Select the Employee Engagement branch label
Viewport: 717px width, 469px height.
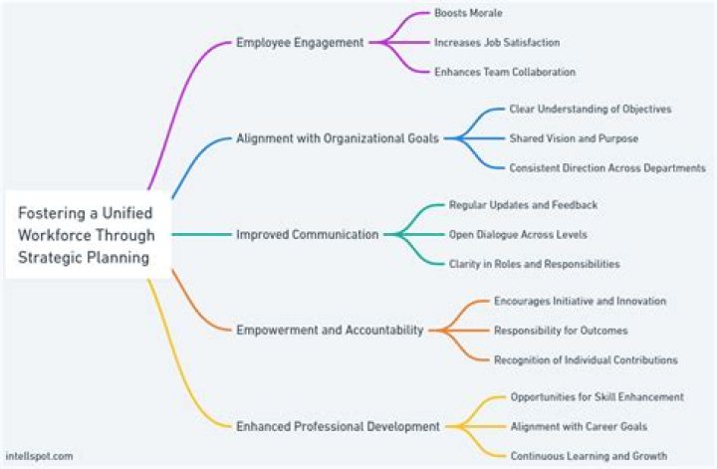tap(300, 43)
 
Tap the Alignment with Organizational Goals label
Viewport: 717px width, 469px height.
tap(337, 138)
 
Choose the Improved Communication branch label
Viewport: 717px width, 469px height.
tap(307, 235)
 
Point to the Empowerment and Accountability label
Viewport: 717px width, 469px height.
tap(329, 330)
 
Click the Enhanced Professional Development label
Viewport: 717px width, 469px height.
tap(338, 426)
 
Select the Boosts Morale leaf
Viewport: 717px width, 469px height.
tap(468, 14)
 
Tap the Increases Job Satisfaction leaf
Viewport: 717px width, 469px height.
tap(496, 43)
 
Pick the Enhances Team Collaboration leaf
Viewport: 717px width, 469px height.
tap(504, 72)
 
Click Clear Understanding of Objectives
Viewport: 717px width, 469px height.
tap(590, 109)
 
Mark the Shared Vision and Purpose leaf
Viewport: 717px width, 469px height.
tap(574, 138)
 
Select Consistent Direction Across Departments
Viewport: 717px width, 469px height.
tap(606, 168)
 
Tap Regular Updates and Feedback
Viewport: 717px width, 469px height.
tap(523, 205)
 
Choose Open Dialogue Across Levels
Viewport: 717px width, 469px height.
tap(517, 235)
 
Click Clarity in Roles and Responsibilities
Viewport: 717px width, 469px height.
tap(534, 264)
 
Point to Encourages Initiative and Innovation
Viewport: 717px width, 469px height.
tap(580, 301)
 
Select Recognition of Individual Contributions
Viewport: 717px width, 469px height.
tap(586, 359)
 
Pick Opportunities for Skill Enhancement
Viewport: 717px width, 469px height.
tap(597, 396)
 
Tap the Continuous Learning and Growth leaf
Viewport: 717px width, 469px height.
tap(589, 455)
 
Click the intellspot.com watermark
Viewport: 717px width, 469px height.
tap(39, 455)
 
